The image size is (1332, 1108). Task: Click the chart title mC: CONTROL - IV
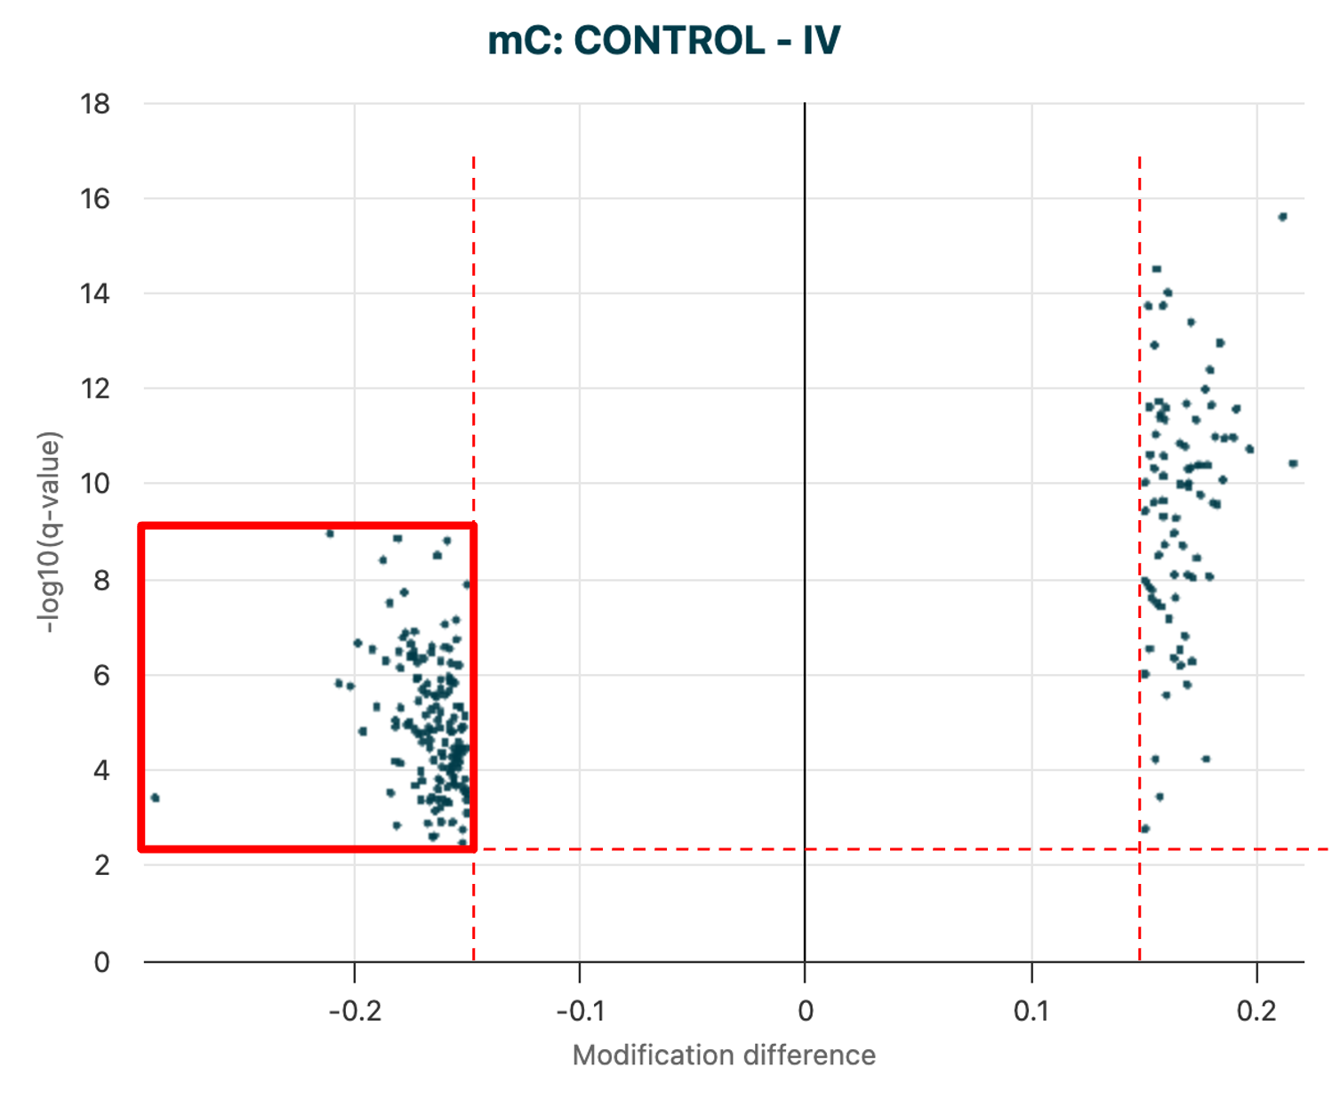coord(663,41)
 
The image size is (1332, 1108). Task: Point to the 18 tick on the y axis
coord(95,104)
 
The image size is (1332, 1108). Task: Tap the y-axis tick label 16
coord(95,198)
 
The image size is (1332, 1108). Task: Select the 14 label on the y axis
coord(95,293)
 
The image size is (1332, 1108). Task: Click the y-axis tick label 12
coord(95,389)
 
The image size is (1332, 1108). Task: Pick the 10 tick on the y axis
coord(95,484)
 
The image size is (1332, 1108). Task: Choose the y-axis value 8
coord(101,580)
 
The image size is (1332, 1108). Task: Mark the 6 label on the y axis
coord(101,675)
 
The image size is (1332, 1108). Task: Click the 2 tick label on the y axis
coord(101,864)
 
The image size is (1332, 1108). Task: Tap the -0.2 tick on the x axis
coord(354,1011)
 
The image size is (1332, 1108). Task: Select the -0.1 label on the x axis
coord(580,1011)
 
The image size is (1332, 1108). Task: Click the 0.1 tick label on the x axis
coord(1031,1011)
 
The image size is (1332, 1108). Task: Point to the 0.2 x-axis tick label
coord(1256,1011)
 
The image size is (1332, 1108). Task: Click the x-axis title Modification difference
coord(724,1056)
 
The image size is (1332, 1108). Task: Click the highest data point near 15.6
coord(1282,217)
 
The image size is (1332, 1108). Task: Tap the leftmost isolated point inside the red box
coord(155,798)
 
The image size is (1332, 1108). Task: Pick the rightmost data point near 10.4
coord(1293,463)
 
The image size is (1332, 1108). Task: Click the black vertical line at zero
coord(805,534)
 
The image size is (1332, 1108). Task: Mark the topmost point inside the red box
coord(330,534)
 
